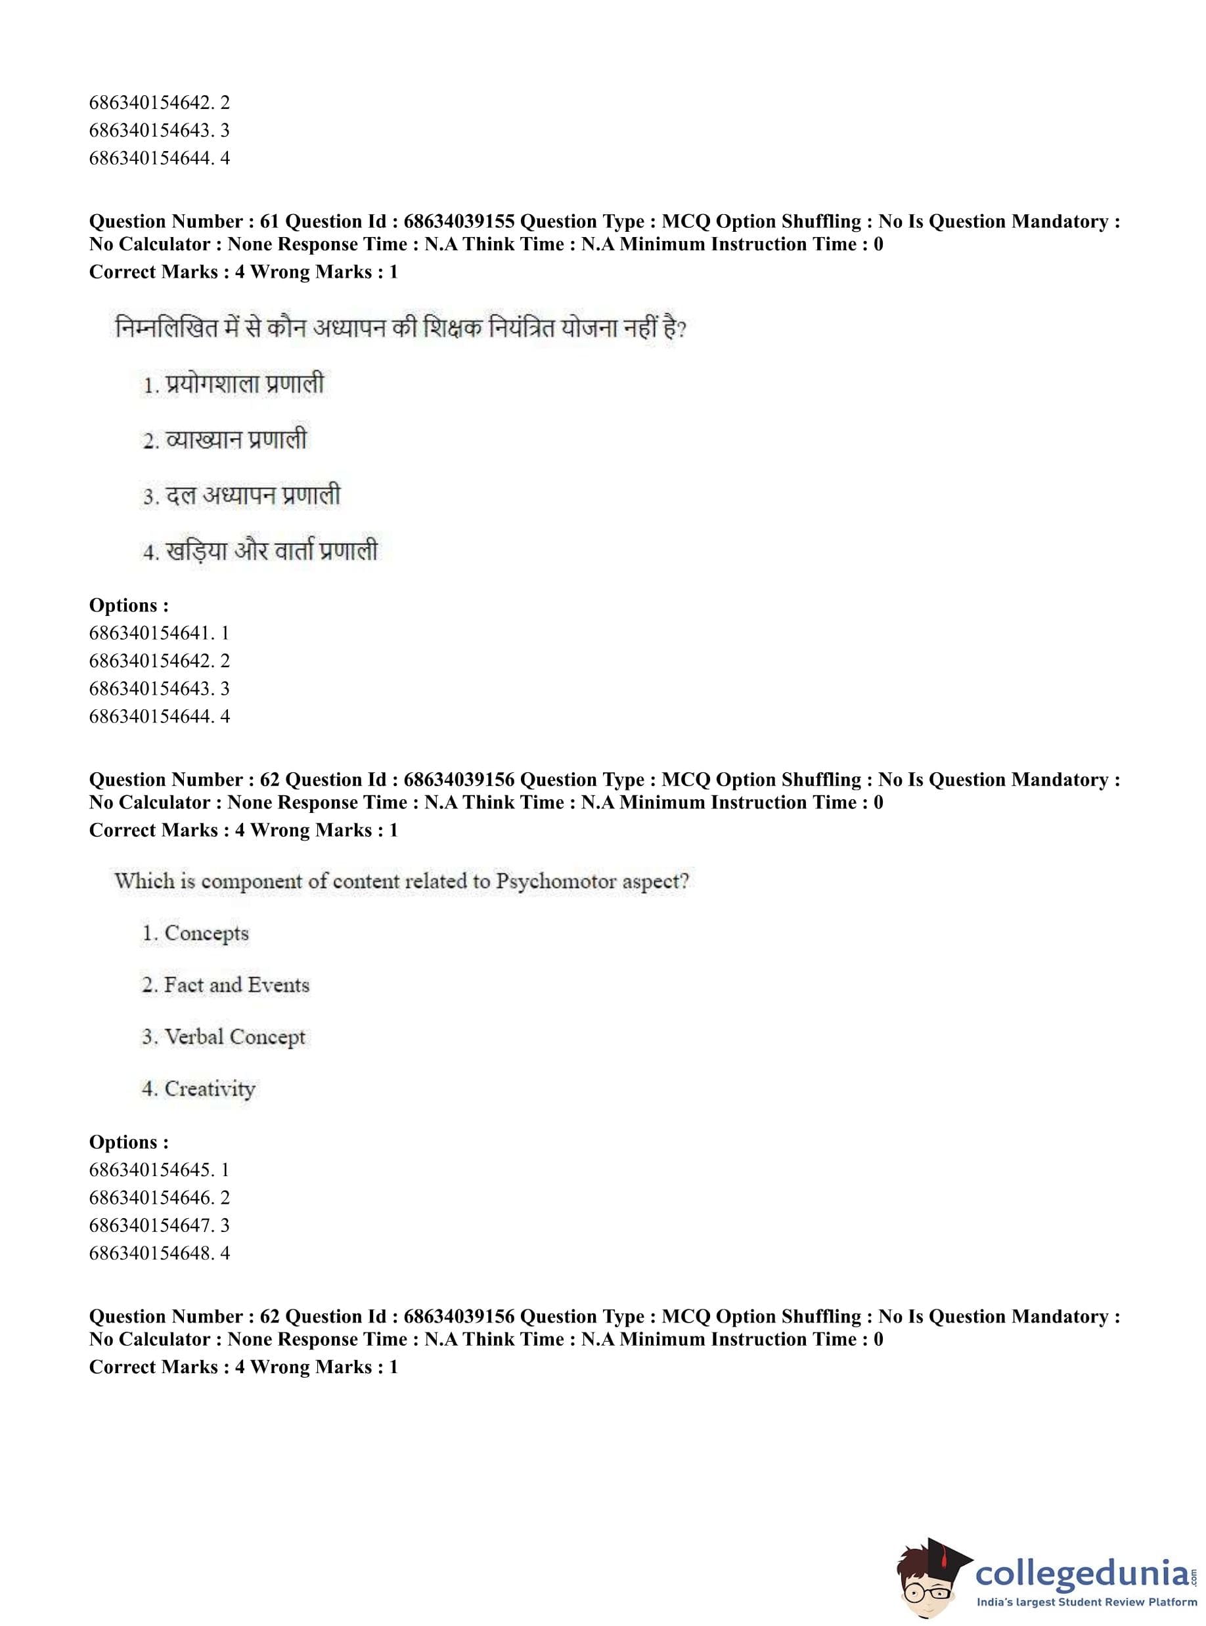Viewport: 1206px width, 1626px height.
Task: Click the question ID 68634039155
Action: [458, 221]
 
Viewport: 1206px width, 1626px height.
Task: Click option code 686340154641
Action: [152, 633]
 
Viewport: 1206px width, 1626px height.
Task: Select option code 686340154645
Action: [152, 1170]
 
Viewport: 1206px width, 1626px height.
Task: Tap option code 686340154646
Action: [152, 1198]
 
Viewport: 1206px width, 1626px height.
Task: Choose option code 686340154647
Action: [152, 1225]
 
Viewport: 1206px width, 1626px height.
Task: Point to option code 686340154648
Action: [152, 1253]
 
